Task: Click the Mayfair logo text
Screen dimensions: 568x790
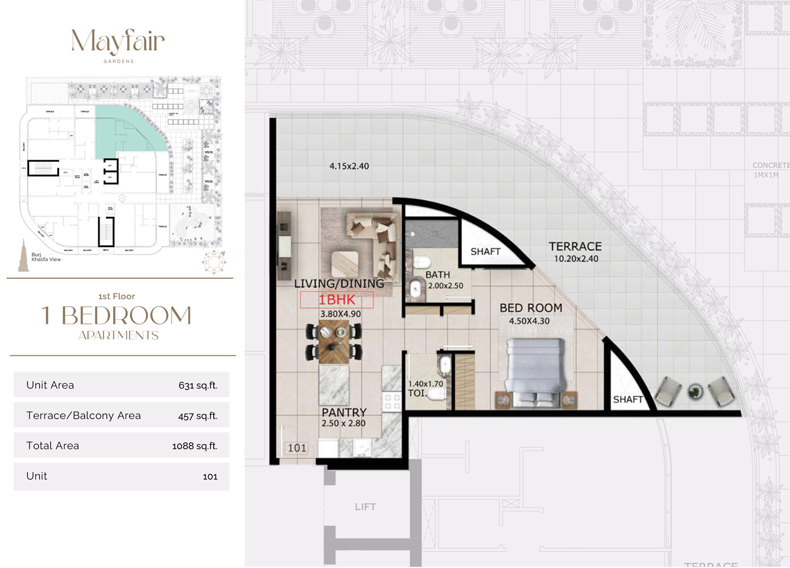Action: pos(118,41)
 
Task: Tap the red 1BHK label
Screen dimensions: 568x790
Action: pos(336,300)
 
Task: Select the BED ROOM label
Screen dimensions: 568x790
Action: pos(531,308)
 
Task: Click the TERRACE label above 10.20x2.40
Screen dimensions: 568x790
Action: pos(575,247)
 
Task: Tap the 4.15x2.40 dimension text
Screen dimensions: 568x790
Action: pos(349,166)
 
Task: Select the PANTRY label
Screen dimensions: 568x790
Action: pos(344,412)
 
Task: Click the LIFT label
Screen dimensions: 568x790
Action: pos(365,507)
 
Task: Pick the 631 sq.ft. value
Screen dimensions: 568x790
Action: pos(198,386)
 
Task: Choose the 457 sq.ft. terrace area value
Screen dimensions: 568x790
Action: pos(198,416)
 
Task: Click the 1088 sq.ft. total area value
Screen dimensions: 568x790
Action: pos(194,446)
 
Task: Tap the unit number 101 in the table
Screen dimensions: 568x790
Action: pos(210,477)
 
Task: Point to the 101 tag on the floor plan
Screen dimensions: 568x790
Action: pos(297,448)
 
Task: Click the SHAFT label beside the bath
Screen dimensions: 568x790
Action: pos(485,252)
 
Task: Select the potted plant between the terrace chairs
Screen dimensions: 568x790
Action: pos(695,391)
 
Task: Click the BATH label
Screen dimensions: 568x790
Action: pos(438,275)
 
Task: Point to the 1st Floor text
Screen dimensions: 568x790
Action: pos(117,296)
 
